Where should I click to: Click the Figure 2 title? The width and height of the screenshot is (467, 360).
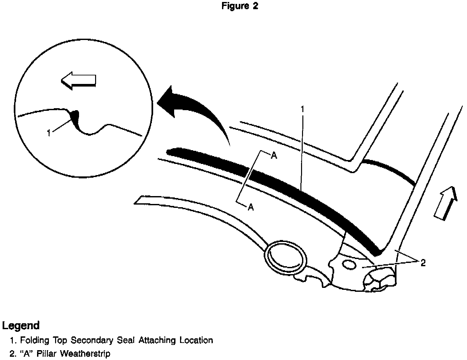[240, 6]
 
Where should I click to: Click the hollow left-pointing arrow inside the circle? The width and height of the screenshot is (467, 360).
[78, 81]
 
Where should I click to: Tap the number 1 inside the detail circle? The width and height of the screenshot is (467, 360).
[49, 133]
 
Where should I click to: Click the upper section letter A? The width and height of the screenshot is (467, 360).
[274, 156]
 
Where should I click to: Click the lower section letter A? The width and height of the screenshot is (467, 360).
[251, 207]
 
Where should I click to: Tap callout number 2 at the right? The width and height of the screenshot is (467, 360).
[423, 263]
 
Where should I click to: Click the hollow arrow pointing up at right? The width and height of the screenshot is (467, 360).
[445, 203]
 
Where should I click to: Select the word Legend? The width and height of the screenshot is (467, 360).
[21, 326]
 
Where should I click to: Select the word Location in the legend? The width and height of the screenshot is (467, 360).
[196, 341]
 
